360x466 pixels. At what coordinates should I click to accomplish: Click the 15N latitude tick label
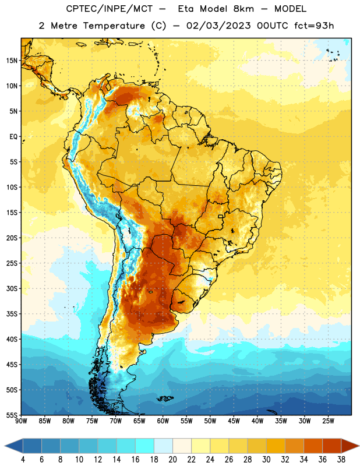pos(12,61)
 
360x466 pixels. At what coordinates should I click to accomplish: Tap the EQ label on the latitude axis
pos(13,137)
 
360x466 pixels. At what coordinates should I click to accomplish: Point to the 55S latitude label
pos(12,415)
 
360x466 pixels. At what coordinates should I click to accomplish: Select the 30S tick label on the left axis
pos(12,288)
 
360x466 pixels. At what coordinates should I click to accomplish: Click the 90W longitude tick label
pos(21,421)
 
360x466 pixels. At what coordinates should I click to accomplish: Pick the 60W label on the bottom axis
pos(163,421)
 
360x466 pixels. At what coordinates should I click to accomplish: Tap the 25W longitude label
pos(328,421)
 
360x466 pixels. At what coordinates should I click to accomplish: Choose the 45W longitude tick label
pos(234,421)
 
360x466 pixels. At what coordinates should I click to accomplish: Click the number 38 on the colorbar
pos(341,460)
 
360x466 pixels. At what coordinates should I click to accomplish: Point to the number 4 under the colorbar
pos(23,460)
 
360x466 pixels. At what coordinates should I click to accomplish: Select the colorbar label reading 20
pos(172,460)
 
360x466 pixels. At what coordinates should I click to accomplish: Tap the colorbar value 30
pos(266,460)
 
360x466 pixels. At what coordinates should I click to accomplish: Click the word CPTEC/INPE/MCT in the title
pos(110,9)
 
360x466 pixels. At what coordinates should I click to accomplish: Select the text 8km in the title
pos(243,9)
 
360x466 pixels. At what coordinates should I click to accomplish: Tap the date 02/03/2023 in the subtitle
pos(218,26)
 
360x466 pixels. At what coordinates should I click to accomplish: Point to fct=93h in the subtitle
pos(314,26)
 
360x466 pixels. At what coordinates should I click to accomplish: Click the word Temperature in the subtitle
pos(114,26)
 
